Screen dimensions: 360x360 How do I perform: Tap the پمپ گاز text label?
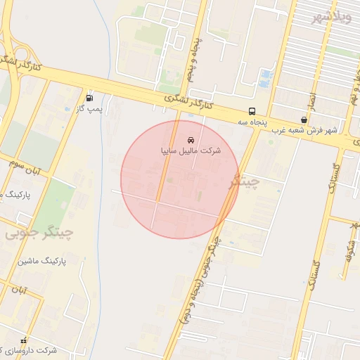(89, 109)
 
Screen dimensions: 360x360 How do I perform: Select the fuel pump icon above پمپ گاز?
(89, 98)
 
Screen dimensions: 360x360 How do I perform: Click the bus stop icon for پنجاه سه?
(252, 111)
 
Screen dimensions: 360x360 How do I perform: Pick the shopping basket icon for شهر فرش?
(303, 120)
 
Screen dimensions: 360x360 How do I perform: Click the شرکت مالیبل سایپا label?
(191, 150)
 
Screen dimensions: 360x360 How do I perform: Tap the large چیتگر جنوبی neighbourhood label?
(39, 231)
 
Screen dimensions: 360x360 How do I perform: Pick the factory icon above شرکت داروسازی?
(23, 340)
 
